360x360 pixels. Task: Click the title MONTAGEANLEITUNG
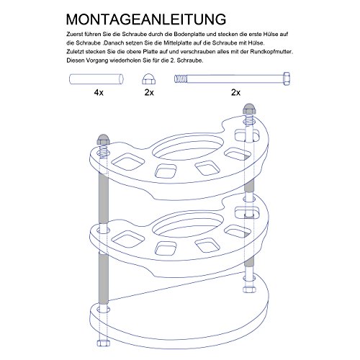(146, 19)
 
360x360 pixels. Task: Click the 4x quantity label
(99, 92)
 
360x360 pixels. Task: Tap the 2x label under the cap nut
(149, 92)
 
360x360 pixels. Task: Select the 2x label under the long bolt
(235, 92)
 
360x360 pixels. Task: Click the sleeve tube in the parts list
(96, 79)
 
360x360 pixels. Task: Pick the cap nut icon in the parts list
(149, 79)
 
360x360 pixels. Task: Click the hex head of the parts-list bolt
(287, 78)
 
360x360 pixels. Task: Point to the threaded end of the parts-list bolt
(181, 78)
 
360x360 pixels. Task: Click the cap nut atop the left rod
(103, 140)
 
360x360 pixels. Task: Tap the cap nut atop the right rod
(250, 109)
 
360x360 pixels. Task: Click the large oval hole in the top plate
(188, 148)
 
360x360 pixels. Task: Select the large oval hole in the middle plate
(188, 225)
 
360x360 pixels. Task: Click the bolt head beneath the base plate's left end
(104, 343)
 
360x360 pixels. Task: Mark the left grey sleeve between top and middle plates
(104, 198)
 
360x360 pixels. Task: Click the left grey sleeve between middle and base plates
(104, 276)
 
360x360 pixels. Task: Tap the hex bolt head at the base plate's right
(249, 289)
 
